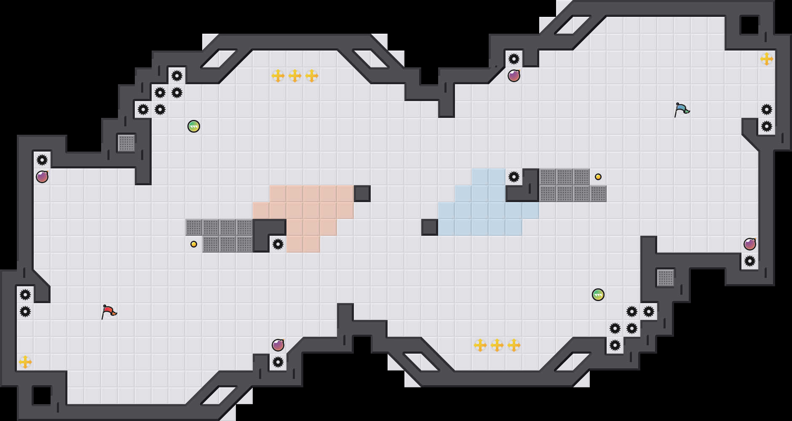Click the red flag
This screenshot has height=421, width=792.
point(109,312)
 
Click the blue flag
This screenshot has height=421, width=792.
point(682,109)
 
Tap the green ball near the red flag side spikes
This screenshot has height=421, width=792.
point(194,126)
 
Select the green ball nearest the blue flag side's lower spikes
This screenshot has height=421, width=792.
point(598,295)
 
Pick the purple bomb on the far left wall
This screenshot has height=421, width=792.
point(42,177)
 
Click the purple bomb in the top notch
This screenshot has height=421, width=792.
point(514,76)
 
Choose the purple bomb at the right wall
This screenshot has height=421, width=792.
point(750,244)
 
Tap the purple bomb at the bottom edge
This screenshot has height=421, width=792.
point(278,345)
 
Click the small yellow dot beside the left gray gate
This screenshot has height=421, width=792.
point(194,244)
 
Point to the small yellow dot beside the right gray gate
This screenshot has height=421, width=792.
point(598,177)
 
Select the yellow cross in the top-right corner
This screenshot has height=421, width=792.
point(767,59)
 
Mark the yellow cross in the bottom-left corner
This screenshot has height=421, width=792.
point(25,362)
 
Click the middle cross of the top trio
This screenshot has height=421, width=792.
point(295,76)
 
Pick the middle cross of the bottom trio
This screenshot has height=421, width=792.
point(497,345)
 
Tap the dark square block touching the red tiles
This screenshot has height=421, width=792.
point(362,194)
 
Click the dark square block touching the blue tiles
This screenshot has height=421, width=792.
point(430,227)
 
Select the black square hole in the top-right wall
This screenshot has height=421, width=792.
point(750,25)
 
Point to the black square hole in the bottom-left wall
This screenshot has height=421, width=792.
point(42,396)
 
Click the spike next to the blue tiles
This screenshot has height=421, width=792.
point(514,177)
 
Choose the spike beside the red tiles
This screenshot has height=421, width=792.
point(278,244)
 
